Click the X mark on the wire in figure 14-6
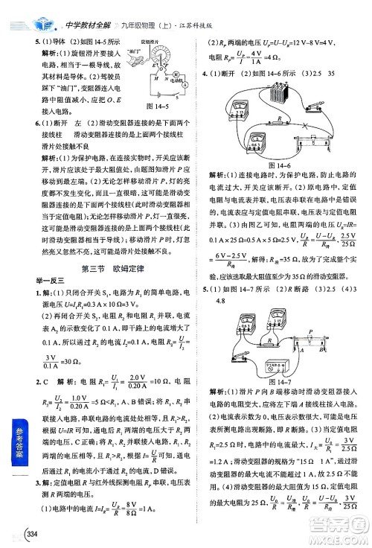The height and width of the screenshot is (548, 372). (x=307, y=124)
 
